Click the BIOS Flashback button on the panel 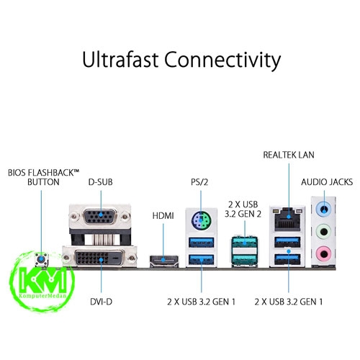[x=41, y=260]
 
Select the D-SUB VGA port [x=100, y=217]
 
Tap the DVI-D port [x=99, y=258]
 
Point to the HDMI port [x=164, y=260]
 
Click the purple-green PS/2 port [x=202, y=220]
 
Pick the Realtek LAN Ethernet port [x=287, y=219]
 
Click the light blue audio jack [x=324, y=210]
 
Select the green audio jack [x=324, y=232]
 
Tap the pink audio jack [x=324, y=253]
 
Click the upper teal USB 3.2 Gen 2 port [x=244, y=243]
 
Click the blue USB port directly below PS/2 [x=201, y=243]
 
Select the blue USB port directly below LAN [x=287, y=242]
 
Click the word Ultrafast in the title [x=120, y=59]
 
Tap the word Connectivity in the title [x=222, y=60]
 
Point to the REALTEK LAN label [x=289, y=155]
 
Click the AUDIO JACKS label [x=327, y=182]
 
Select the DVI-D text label [x=101, y=302]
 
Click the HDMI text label [x=163, y=216]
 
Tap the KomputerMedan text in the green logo [x=42, y=295]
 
